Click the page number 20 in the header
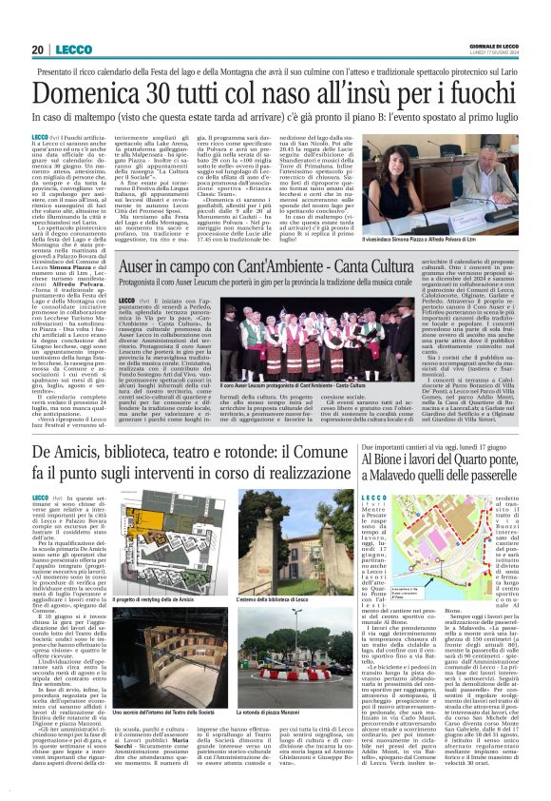38,49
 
